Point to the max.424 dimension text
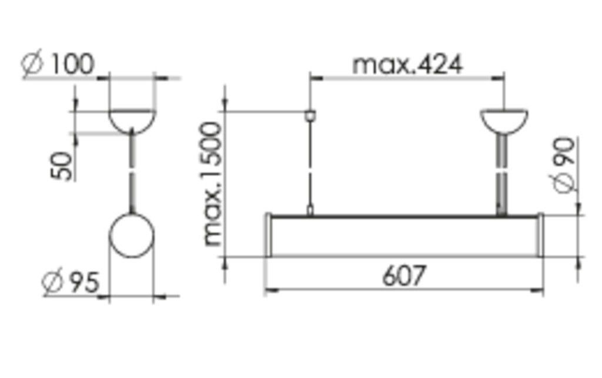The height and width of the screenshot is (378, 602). tap(407, 64)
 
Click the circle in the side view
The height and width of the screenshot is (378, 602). tap(132, 235)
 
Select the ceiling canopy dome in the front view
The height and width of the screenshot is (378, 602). tap(504, 120)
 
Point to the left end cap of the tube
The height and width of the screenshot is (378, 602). tap(268, 235)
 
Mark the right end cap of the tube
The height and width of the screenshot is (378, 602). tap(540, 235)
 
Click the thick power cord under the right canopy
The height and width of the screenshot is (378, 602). tap(501, 173)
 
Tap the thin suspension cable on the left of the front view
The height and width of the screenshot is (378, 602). tap(310, 165)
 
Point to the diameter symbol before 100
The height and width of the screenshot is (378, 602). tap(33, 65)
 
